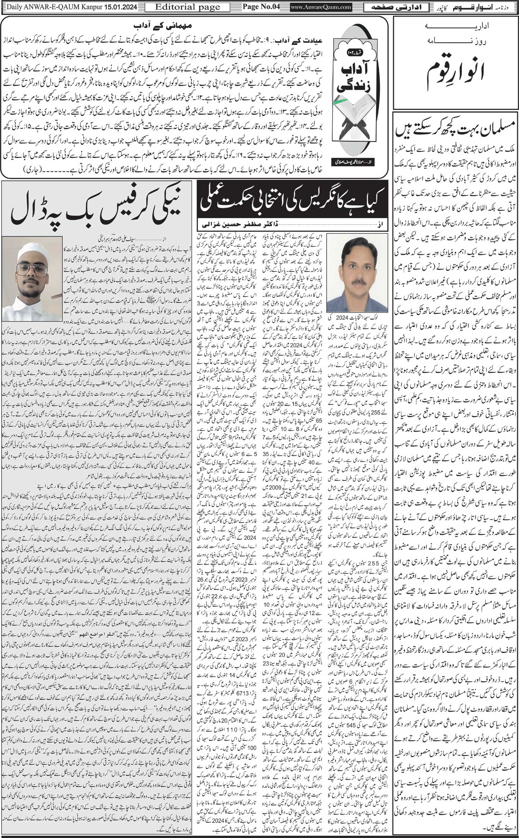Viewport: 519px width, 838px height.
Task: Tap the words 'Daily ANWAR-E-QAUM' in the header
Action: click(38, 7)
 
